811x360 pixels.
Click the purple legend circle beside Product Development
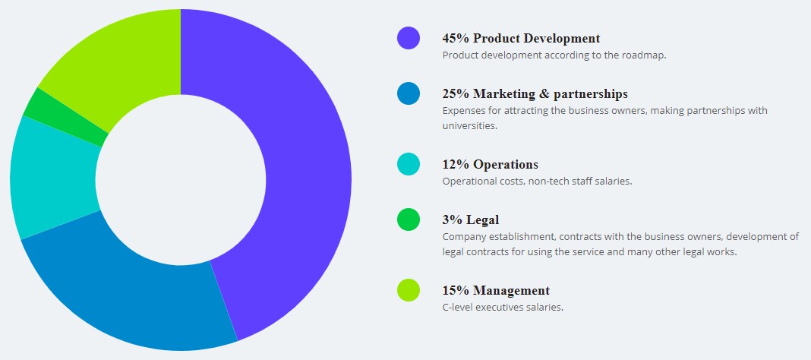coord(409,38)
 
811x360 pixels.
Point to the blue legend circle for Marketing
coord(409,93)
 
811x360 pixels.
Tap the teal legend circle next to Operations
coord(409,164)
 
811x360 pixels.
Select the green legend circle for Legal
coord(409,219)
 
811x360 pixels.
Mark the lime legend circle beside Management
coord(409,290)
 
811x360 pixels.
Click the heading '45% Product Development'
coord(521,38)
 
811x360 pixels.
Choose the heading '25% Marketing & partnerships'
coord(535,93)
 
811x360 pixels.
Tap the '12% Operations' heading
coord(490,164)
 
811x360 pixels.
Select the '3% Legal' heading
coord(470,219)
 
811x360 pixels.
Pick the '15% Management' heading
coord(496,290)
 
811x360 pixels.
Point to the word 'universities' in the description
coord(469,125)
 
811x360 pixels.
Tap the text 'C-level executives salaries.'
coord(503,307)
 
